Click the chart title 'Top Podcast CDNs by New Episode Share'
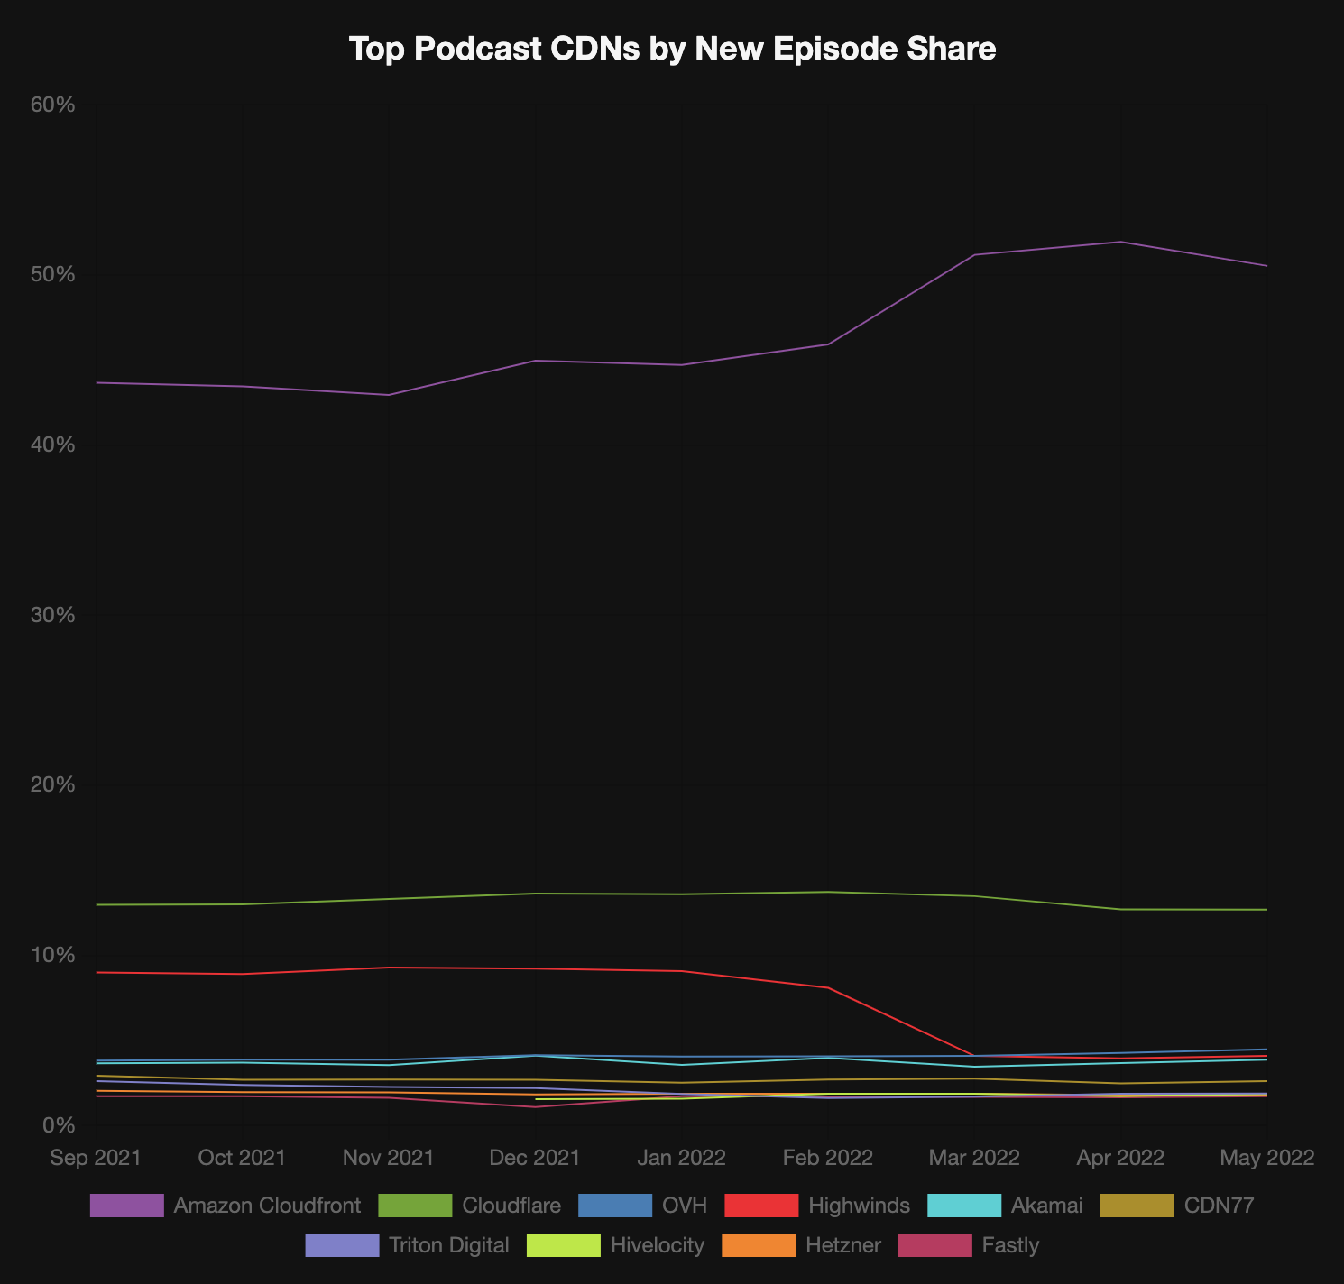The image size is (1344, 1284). [672, 49]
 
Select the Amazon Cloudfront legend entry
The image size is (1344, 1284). [226, 1206]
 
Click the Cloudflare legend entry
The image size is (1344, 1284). [469, 1206]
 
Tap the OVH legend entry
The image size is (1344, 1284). [642, 1206]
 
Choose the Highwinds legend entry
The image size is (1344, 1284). [817, 1206]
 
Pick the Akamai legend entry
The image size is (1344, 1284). [1005, 1206]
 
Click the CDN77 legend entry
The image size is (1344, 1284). [1177, 1206]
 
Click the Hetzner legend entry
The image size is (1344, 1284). [802, 1245]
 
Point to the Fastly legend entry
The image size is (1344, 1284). [969, 1245]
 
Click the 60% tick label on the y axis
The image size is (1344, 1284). [52, 105]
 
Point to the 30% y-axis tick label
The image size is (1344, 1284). [52, 615]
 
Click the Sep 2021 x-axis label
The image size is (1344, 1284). [96, 1158]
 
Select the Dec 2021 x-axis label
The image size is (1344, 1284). [535, 1158]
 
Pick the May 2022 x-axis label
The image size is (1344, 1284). [1266, 1158]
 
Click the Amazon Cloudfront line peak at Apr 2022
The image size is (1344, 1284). [1120, 242]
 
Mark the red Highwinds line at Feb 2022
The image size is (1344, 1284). [828, 988]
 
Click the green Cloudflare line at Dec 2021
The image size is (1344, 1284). [535, 894]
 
